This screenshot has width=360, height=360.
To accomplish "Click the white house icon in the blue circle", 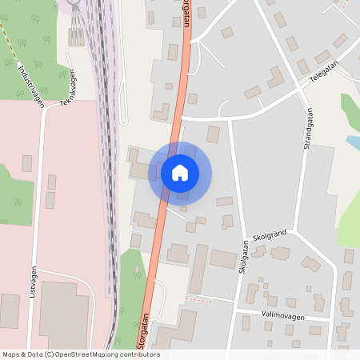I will click(x=180, y=172).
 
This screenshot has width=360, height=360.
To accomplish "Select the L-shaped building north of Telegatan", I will click(x=277, y=78).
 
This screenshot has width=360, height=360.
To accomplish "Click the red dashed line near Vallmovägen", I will click(x=200, y=300).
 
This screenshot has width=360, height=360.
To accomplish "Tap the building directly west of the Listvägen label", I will click(x=10, y=310).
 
